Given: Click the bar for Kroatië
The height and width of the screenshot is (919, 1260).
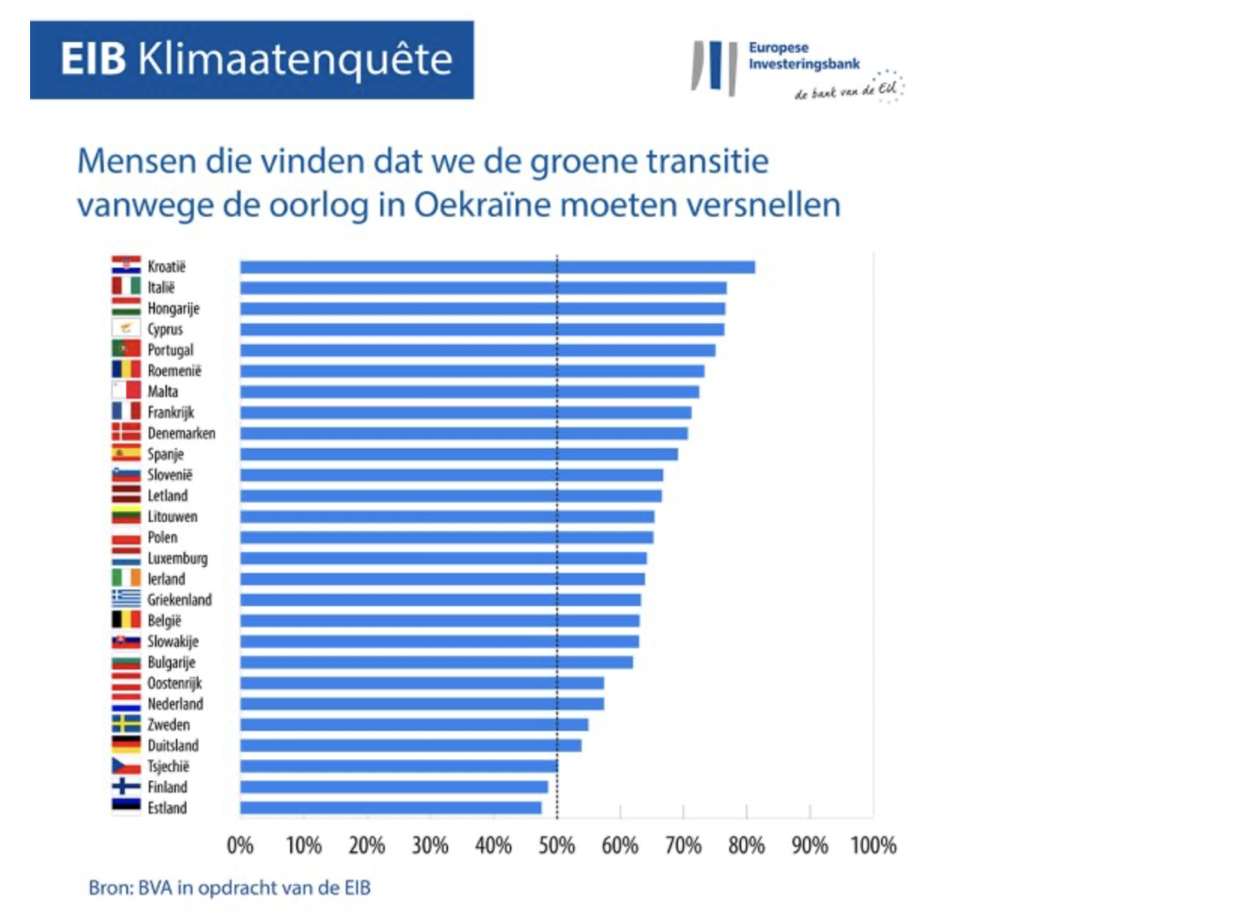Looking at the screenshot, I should pyautogui.click(x=496, y=267).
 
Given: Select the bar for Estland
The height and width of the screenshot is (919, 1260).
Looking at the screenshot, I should pyautogui.click(x=390, y=808).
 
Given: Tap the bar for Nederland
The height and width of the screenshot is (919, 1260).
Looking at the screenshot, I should pyautogui.click(x=421, y=704).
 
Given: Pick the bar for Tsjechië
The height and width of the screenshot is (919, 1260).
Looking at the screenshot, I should pyautogui.click(x=398, y=766).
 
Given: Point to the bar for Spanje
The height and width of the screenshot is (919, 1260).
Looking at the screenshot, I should pyautogui.click(x=459, y=454).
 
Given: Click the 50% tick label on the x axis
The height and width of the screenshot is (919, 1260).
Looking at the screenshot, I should pyautogui.click(x=556, y=846).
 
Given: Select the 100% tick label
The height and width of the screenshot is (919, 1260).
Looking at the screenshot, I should pyautogui.click(x=873, y=846).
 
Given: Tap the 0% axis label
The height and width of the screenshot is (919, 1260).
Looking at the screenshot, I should pyautogui.click(x=240, y=846).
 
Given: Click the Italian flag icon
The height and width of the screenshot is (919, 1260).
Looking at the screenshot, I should pyautogui.click(x=126, y=287).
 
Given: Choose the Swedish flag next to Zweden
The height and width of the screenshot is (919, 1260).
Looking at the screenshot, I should pyautogui.click(x=126, y=724).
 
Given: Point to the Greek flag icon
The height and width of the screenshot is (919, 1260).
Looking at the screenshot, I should pyautogui.click(x=126, y=599).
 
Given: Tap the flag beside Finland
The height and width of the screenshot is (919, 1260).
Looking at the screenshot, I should pyautogui.click(x=126, y=787).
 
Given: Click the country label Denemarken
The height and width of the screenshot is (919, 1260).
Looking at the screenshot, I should pyautogui.click(x=181, y=433).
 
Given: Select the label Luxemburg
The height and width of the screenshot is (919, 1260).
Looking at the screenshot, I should pyautogui.click(x=177, y=558).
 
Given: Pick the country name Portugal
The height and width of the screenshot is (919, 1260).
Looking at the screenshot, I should pyautogui.click(x=170, y=350).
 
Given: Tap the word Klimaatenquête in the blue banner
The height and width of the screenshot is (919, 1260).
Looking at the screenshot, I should pyautogui.click(x=295, y=59).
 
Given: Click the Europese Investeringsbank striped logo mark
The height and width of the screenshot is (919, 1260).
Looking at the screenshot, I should pyautogui.click(x=713, y=68).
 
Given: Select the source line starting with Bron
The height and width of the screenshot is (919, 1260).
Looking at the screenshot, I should pyautogui.click(x=229, y=888).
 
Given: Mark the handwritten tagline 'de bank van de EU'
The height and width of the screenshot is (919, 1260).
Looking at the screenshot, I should pyautogui.click(x=847, y=91).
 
